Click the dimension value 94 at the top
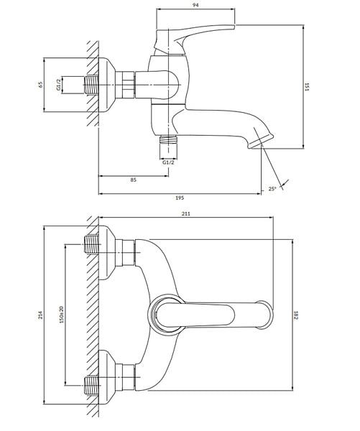coord(195,5)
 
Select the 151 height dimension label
coord(308,87)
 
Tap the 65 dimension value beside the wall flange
coord(41,85)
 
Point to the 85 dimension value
coord(133,180)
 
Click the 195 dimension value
coord(180,198)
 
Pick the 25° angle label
coord(272,189)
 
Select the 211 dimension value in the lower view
coord(186,213)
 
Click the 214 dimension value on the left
coord(41,315)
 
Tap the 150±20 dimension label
coord(61,315)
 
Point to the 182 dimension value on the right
coord(296,315)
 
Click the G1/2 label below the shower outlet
coord(168,162)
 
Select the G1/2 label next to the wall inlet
coord(58,84)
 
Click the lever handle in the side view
coord(193,40)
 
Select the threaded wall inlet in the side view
coord(91,85)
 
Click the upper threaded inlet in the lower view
coord(91,245)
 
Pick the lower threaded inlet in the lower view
coord(91,385)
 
